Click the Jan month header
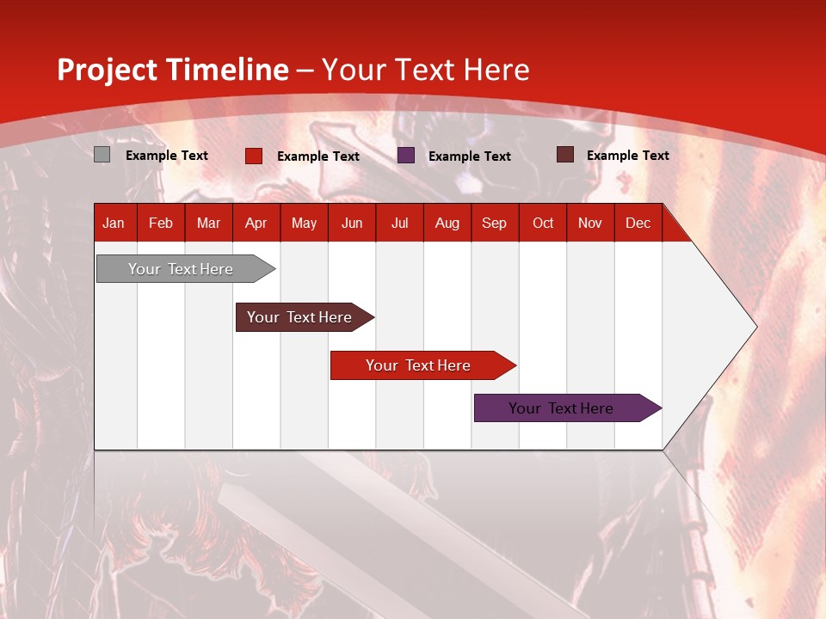[x=114, y=223]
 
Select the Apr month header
[x=256, y=223]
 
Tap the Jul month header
[x=399, y=223]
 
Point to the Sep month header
[x=494, y=223]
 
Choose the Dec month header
[x=638, y=223]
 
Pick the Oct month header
[x=542, y=223]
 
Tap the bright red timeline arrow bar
[x=419, y=365]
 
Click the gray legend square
[x=102, y=155]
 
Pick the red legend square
[x=253, y=156]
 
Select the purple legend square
[x=406, y=156]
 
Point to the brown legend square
[x=564, y=155]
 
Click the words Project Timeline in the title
[x=172, y=70]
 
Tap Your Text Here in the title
[x=425, y=70]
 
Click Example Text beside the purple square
[x=469, y=156]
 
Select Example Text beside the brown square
[x=627, y=156]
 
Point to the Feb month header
[x=160, y=223]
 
